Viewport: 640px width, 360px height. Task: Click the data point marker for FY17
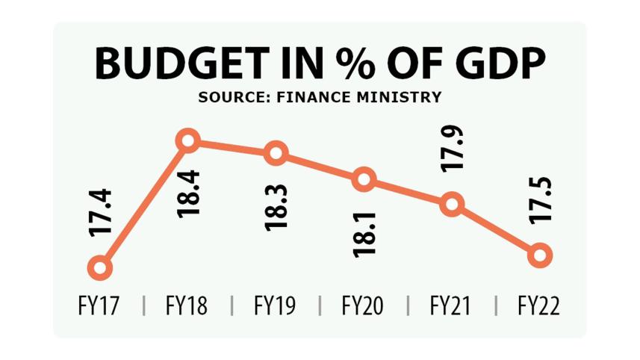point(99,267)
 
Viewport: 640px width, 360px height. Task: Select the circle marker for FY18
point(187,140)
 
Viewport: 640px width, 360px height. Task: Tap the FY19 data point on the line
point(276,153)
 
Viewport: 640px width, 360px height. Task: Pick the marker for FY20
point(364,179)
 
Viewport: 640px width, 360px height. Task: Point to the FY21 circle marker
point(452,204)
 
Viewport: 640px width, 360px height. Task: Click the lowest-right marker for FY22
point(539,255)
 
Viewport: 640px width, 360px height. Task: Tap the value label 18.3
point(276,207)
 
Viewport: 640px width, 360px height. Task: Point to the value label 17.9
point(452,149)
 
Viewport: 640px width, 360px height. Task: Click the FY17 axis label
point(99,305)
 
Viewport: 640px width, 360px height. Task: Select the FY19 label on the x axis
point(275,305)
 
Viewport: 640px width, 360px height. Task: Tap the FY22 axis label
point(538,305)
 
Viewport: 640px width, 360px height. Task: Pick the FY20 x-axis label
point(363,305)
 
